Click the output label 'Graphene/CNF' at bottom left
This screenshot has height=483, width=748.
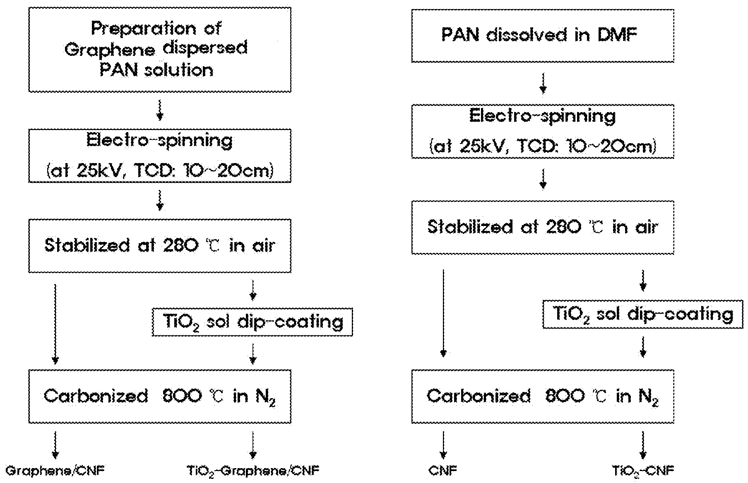[x=55, y=471]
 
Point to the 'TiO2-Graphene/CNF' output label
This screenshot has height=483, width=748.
[x=253, y=471]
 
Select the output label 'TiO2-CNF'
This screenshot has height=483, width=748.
[x=643, y=471]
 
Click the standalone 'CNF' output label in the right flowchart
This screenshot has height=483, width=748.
[x=443, y=471]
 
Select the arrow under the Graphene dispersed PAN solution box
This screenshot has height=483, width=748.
[x=160, y=110]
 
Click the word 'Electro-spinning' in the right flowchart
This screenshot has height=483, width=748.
[x=542, y=116]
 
